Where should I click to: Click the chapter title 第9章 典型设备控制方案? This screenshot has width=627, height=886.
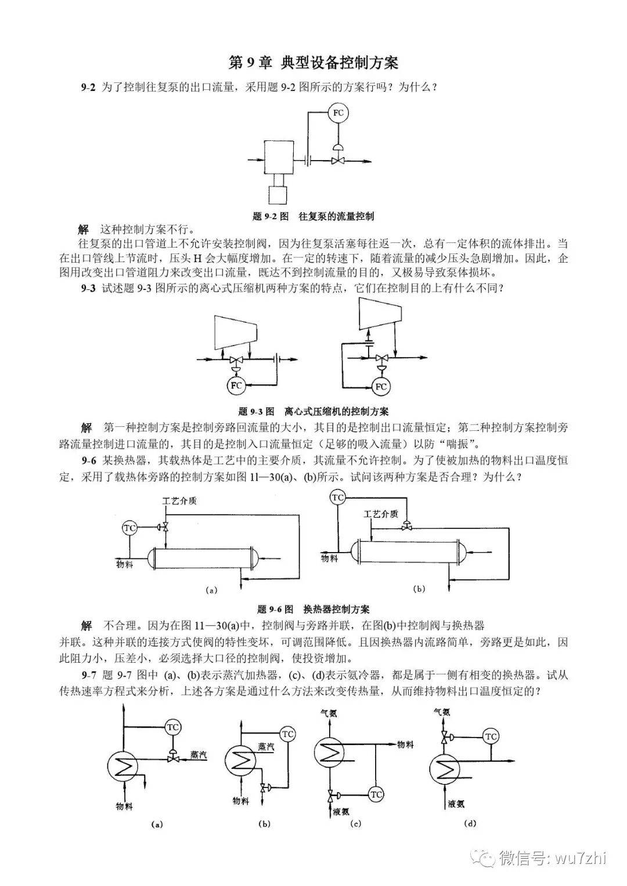(x=313, y=63)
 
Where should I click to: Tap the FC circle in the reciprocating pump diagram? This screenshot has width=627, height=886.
(x=337, y=112)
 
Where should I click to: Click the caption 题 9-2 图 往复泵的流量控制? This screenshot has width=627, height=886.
(x=313, y=216)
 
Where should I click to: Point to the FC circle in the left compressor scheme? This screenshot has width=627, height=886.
(x=236, y=385)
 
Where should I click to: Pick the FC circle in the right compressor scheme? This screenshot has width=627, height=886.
(x=381, y=386)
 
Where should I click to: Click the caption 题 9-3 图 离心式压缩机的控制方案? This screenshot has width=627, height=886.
(x=313, y=412)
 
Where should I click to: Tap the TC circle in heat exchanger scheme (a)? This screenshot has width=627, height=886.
(x=130, y=528)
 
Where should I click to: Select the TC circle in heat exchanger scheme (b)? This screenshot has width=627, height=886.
(x=338, y=498)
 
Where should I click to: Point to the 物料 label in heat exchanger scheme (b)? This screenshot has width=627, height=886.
(x=329, y=558)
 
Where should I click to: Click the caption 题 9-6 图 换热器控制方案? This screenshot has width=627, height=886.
(x=313, y=609)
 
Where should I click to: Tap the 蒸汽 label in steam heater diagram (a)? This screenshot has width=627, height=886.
(x=199, y=754)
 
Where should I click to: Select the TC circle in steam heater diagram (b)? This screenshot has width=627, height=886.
(x=288, y=734)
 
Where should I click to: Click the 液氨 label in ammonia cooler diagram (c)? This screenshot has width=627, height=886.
(x=341, y=811)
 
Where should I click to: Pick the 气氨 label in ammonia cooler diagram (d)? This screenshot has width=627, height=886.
(x=442, y=711)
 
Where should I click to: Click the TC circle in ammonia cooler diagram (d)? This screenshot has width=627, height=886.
(x=491, y=736)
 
